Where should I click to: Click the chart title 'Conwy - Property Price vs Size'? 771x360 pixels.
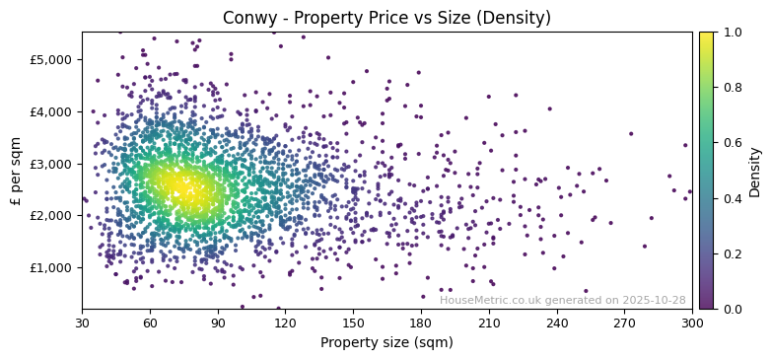point(387,18)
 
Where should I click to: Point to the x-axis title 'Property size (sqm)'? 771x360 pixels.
point(387,343)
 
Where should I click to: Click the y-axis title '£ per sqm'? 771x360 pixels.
point(16,171)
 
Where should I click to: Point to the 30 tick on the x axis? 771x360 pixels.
point(82,323)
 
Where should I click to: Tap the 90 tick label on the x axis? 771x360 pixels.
point(218,323)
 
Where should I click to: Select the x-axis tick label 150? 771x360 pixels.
point(353,323)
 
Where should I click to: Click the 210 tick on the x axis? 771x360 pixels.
point(489,323)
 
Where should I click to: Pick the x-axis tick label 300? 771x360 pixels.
point(692,323)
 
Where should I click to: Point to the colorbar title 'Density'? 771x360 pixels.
point(755,171)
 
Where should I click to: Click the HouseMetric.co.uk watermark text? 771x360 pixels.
point(562,300)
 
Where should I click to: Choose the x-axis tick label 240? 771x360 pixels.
point(557,323)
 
